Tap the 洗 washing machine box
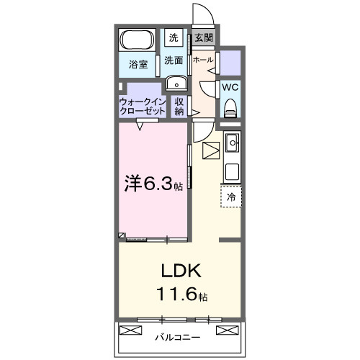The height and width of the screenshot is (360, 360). coord(174,37)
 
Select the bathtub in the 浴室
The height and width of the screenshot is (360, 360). coord(135,40)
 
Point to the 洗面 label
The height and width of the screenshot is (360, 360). coord(173,60)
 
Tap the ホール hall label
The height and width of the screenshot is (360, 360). coord(203,60)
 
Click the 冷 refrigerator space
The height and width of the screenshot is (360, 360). coord(231,195)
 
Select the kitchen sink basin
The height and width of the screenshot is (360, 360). coord(232,145)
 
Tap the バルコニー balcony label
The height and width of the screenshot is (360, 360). coord(178,336)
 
